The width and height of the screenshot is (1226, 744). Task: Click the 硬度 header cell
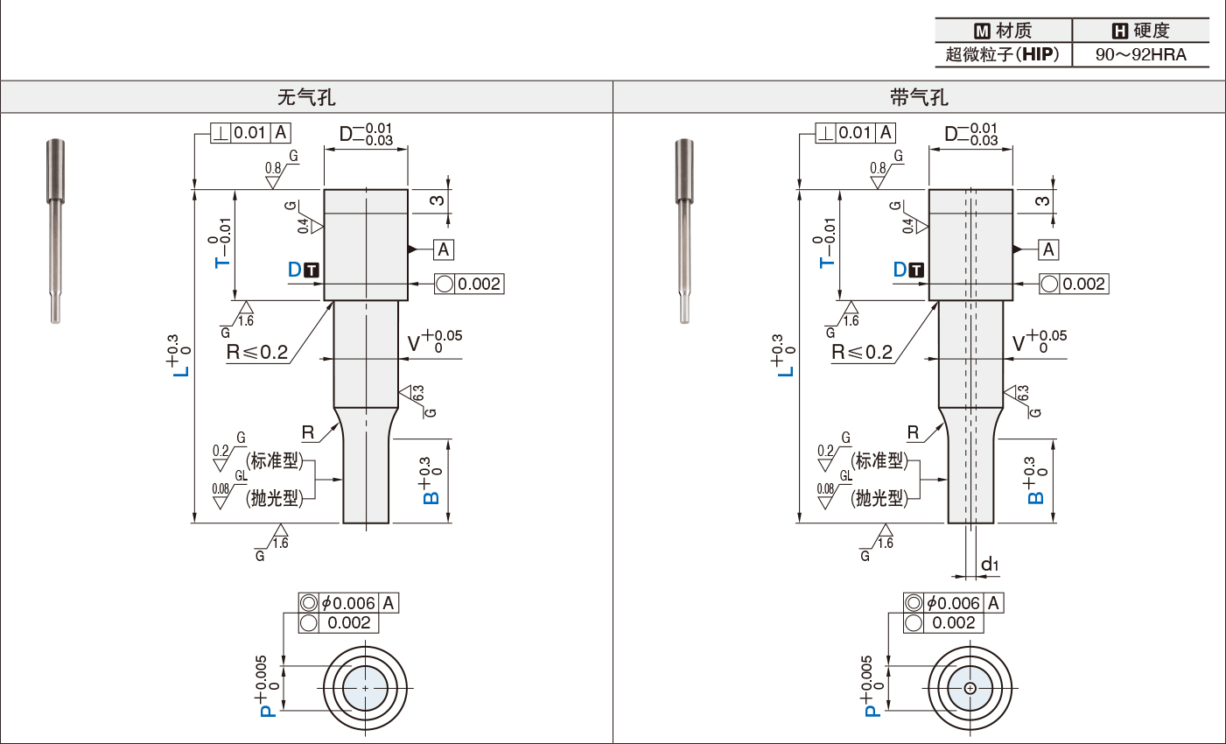(1140, 31)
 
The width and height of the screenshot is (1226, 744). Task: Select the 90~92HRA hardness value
(1140, 55)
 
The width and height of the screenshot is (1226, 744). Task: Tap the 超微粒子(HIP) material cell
(1003, 55)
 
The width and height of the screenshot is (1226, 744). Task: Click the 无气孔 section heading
(306, 97)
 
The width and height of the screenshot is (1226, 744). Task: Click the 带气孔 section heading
(919, 97)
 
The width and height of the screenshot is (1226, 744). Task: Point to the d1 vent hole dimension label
(990, 564)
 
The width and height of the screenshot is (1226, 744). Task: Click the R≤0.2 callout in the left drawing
(257, 352)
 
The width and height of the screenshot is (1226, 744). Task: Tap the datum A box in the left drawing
(444, 249)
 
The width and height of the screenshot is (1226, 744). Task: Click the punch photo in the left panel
(55, 231)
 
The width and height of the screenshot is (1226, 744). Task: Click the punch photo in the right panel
(684, 231)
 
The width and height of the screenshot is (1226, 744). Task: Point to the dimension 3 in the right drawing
(1042, 201)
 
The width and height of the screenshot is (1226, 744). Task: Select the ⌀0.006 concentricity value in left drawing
(348, 603)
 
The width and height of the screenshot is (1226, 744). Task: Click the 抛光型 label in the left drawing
(274, 498)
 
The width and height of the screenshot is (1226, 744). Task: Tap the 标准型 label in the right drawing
(879, 460)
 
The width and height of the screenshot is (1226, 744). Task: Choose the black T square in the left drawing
(312, 270)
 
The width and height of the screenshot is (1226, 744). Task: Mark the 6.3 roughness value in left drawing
(418, 393)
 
